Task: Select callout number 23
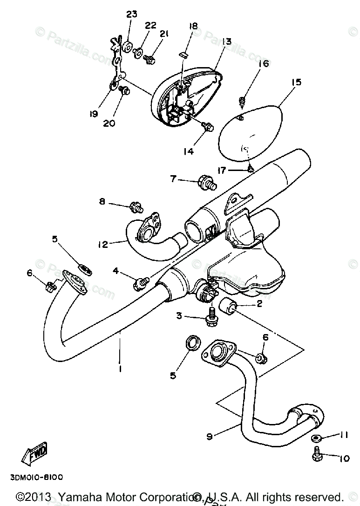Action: [x=132, y=14]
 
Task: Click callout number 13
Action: [x=226, y=41]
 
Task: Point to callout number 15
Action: [x=296, y=82]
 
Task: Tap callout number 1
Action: [x=120, y=369]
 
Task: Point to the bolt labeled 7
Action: [x=207, y=180]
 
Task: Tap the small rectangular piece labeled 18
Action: [x=183, y=54]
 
